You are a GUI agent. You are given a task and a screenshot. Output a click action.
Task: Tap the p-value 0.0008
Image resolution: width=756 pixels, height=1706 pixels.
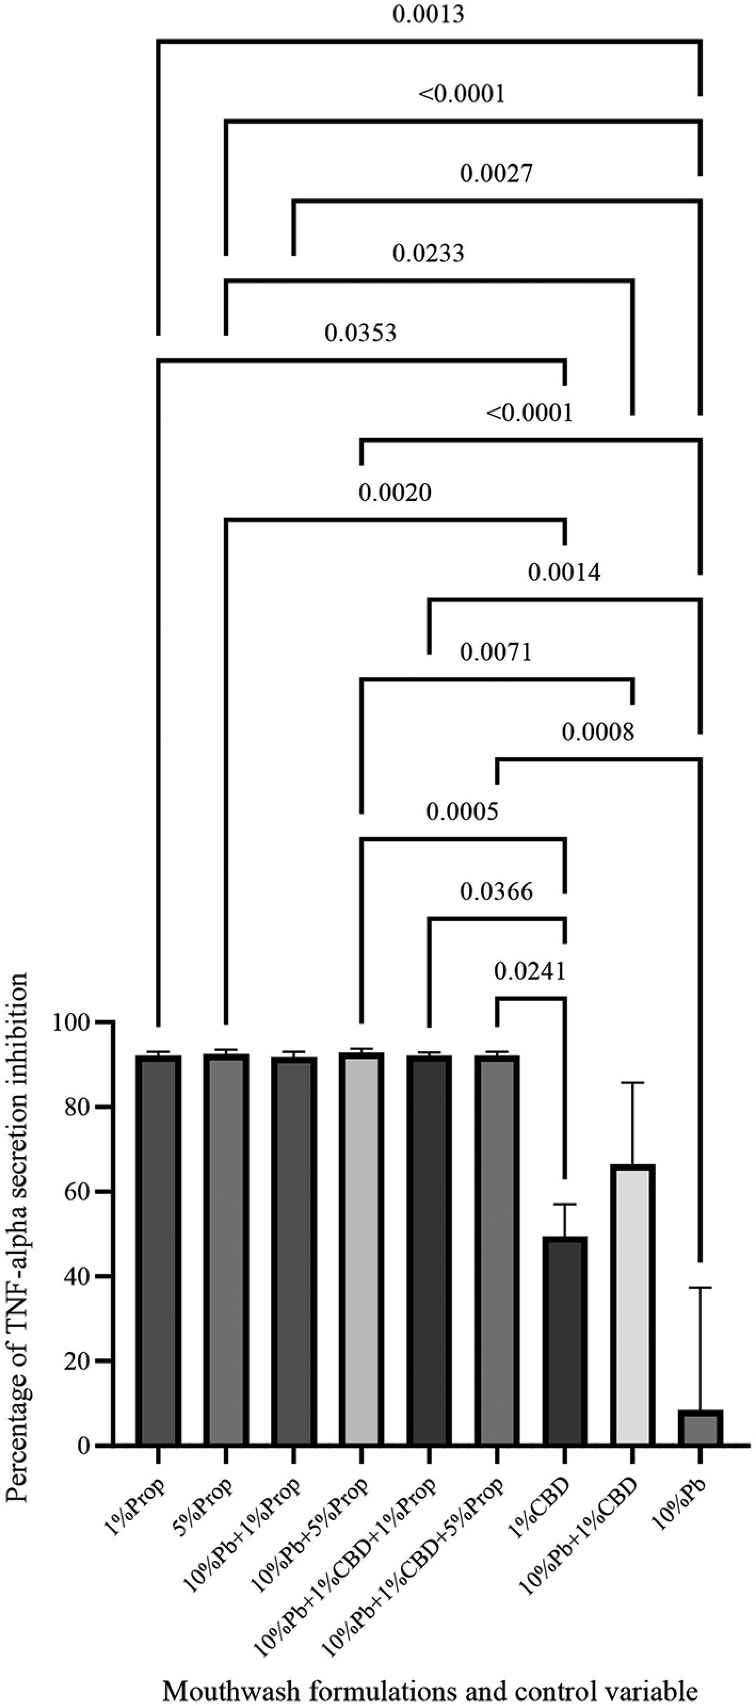(598, 732)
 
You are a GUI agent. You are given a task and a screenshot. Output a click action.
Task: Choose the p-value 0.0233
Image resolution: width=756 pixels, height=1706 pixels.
(428, 253)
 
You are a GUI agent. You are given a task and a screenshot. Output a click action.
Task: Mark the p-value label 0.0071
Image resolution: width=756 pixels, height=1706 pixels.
(496, 652)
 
